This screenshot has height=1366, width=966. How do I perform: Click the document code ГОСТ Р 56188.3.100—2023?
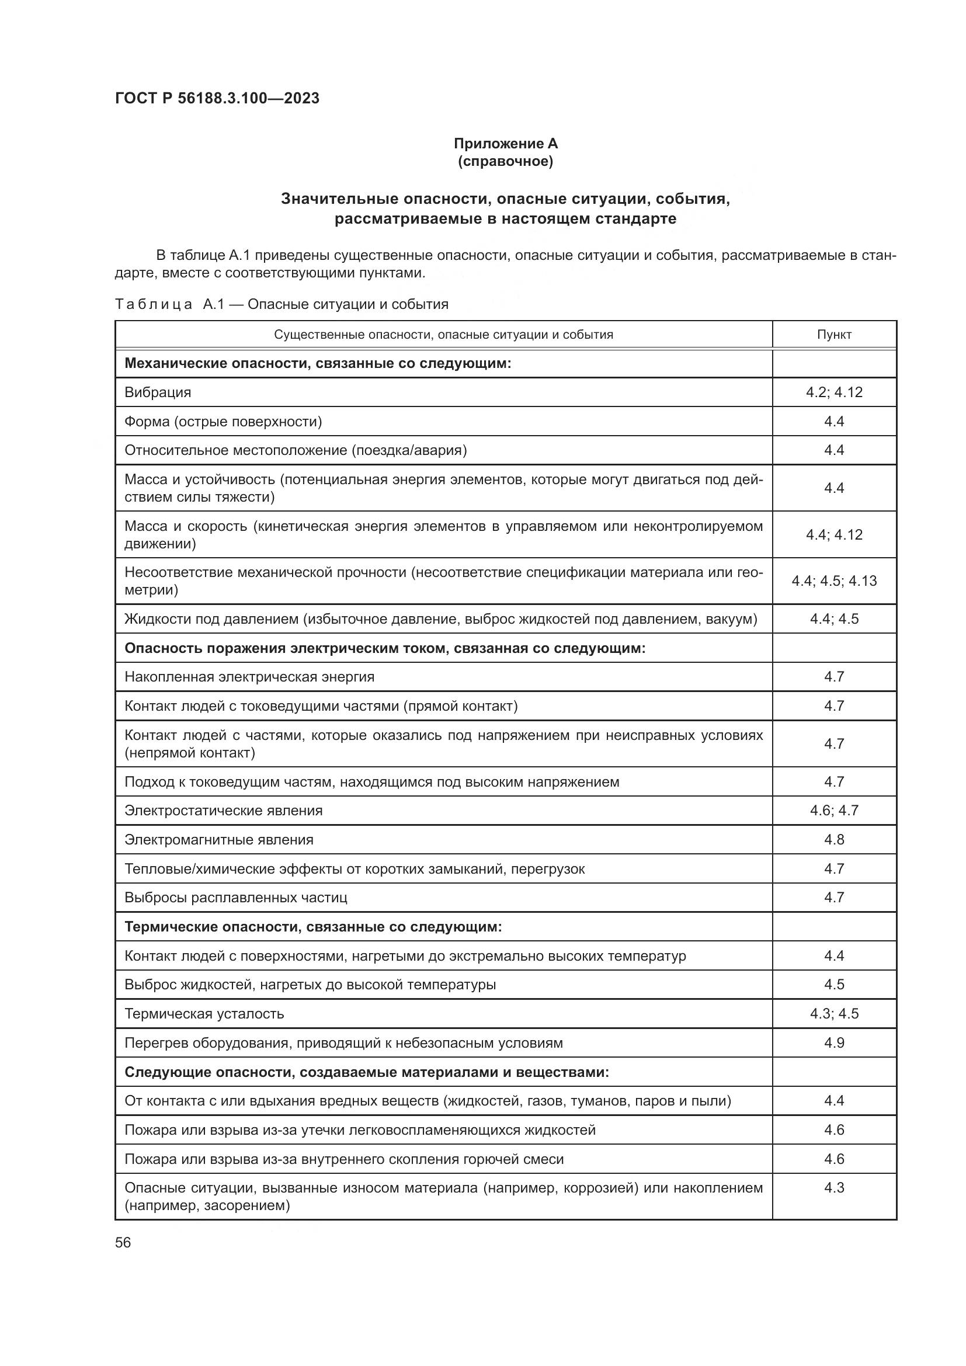coord(217,98)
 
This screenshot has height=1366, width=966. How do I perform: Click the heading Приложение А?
coord(505,144)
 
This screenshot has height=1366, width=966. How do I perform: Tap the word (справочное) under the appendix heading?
coord(505,161)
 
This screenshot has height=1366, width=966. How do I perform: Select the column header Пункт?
coord(834,335)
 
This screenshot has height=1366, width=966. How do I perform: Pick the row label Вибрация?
coord(158,392)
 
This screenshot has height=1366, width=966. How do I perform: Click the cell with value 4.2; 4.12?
coord(834,392)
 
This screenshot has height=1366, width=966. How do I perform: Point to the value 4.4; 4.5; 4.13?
coord(834,581)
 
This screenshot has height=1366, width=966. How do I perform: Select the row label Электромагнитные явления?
coord(219,839)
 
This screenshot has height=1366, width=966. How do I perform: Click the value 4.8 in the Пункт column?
coord(834,839)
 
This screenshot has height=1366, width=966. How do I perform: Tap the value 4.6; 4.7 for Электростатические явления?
coord(834,811)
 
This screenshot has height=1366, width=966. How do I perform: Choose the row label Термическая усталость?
coord(204,1014)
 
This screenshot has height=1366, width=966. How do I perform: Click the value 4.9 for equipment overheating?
coord(834,1043)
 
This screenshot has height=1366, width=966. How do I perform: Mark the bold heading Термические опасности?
coord(314,927)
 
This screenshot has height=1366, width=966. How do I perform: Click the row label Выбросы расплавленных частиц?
coord(235,897)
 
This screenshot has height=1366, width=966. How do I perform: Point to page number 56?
coord(123,1242)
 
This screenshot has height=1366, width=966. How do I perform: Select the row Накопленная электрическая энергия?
coord(249,677)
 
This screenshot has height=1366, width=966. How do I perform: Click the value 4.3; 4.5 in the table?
coord(834,1014)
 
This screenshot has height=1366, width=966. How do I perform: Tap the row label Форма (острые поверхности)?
coord(223,422)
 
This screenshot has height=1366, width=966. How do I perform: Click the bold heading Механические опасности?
coord(318,363)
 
